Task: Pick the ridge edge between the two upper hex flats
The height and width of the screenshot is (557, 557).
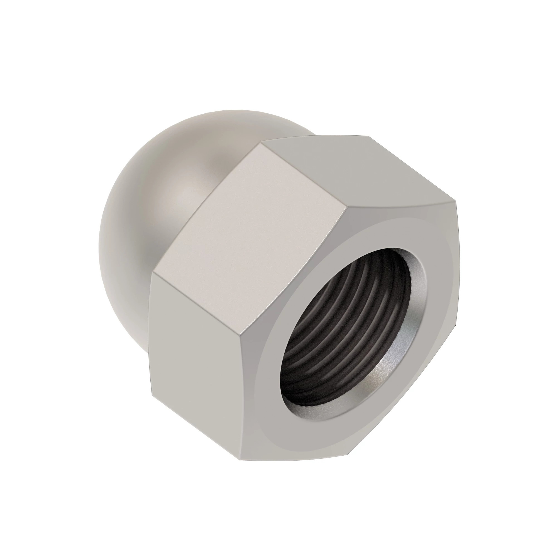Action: [x=303, y=177]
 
